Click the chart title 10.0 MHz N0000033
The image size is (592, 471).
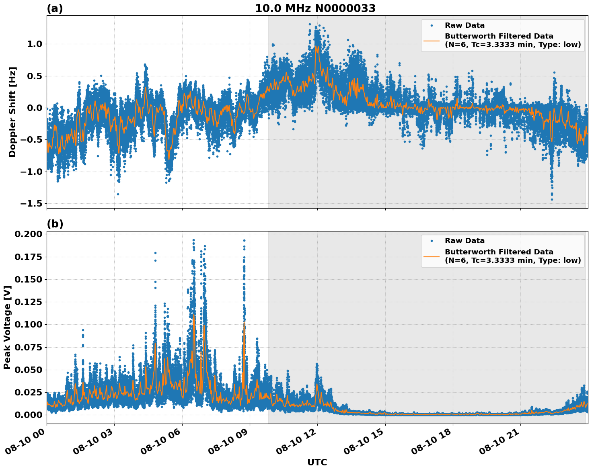tap(315, 8)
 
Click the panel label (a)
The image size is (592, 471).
tap(55, 8)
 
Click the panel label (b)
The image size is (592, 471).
tap(55, 224)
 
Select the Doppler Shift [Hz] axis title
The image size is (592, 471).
tap(12, 112)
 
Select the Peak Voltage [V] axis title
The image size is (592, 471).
tap(7, 327)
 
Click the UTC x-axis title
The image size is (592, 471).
tap(317, 462)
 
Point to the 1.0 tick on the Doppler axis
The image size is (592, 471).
tap(35, 44)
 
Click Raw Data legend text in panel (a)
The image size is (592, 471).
tap(465, 25)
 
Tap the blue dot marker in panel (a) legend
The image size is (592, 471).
tap(432, 25)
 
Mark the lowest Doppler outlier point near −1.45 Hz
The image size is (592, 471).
tap(552, 199)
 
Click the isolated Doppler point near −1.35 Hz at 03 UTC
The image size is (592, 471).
tap(118, 194)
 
